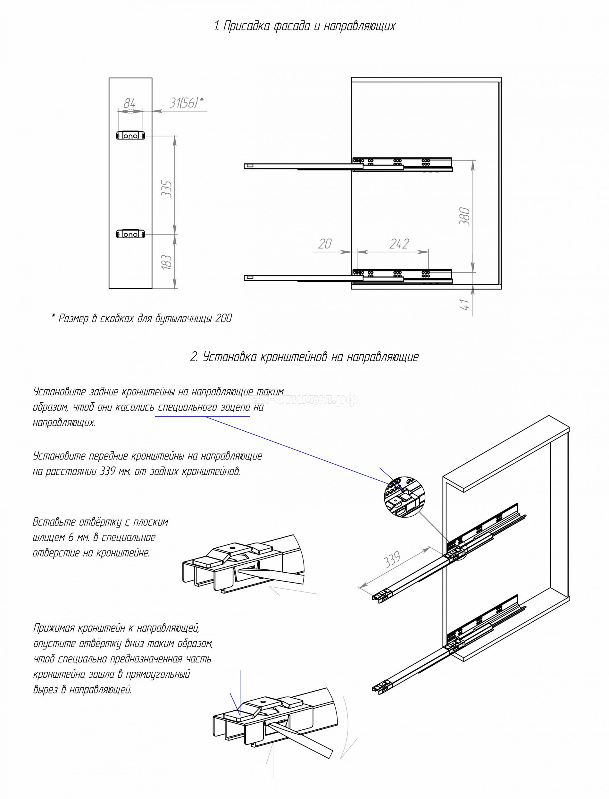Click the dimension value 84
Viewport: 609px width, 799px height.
tap(129, 103)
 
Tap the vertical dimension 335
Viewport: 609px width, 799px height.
tap(167, 188)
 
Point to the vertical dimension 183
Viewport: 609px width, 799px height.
tap(167, 262)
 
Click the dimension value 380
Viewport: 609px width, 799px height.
tap(465, 217)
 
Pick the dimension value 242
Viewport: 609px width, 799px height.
tap(399, 244)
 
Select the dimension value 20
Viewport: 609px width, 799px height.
tap(325, 244)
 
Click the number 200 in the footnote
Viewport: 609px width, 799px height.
tap(223, 319)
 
